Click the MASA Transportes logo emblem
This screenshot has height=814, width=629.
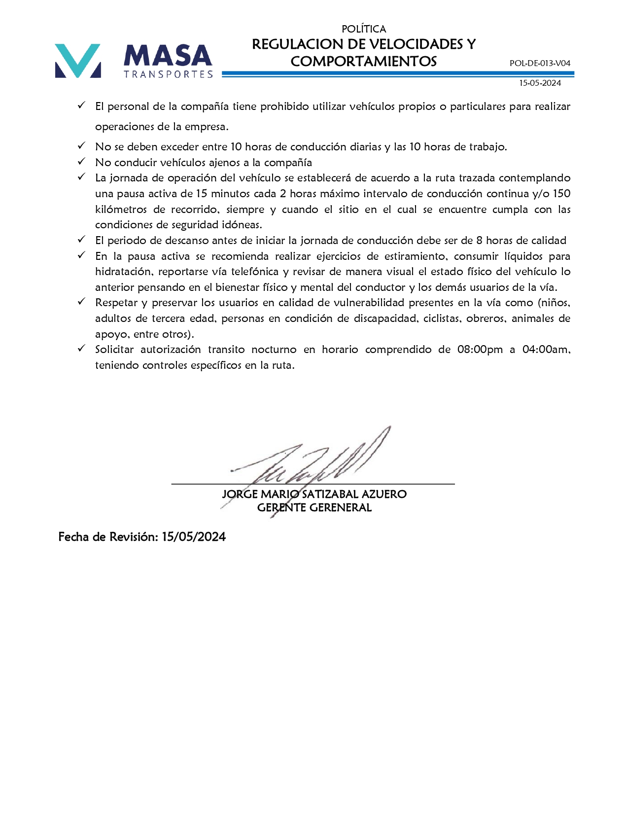(x=78, y=61)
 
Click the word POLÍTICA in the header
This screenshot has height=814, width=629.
(x=364, y=29)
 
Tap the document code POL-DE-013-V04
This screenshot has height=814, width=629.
(x=540, y=63)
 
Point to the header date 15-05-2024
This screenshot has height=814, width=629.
(x=540, y=83)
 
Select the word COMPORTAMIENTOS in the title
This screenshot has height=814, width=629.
(x=364, y=62)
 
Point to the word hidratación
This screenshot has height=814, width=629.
(x=123, y=272)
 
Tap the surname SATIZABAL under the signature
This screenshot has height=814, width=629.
(x=330, y=494)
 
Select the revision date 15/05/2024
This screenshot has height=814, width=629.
(x=194, y=537)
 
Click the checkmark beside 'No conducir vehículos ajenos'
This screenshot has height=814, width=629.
(x=82, y=162)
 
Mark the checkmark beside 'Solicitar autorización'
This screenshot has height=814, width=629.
(x=82, y=349)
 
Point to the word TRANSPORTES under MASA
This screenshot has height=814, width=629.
(x=168, y=74)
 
